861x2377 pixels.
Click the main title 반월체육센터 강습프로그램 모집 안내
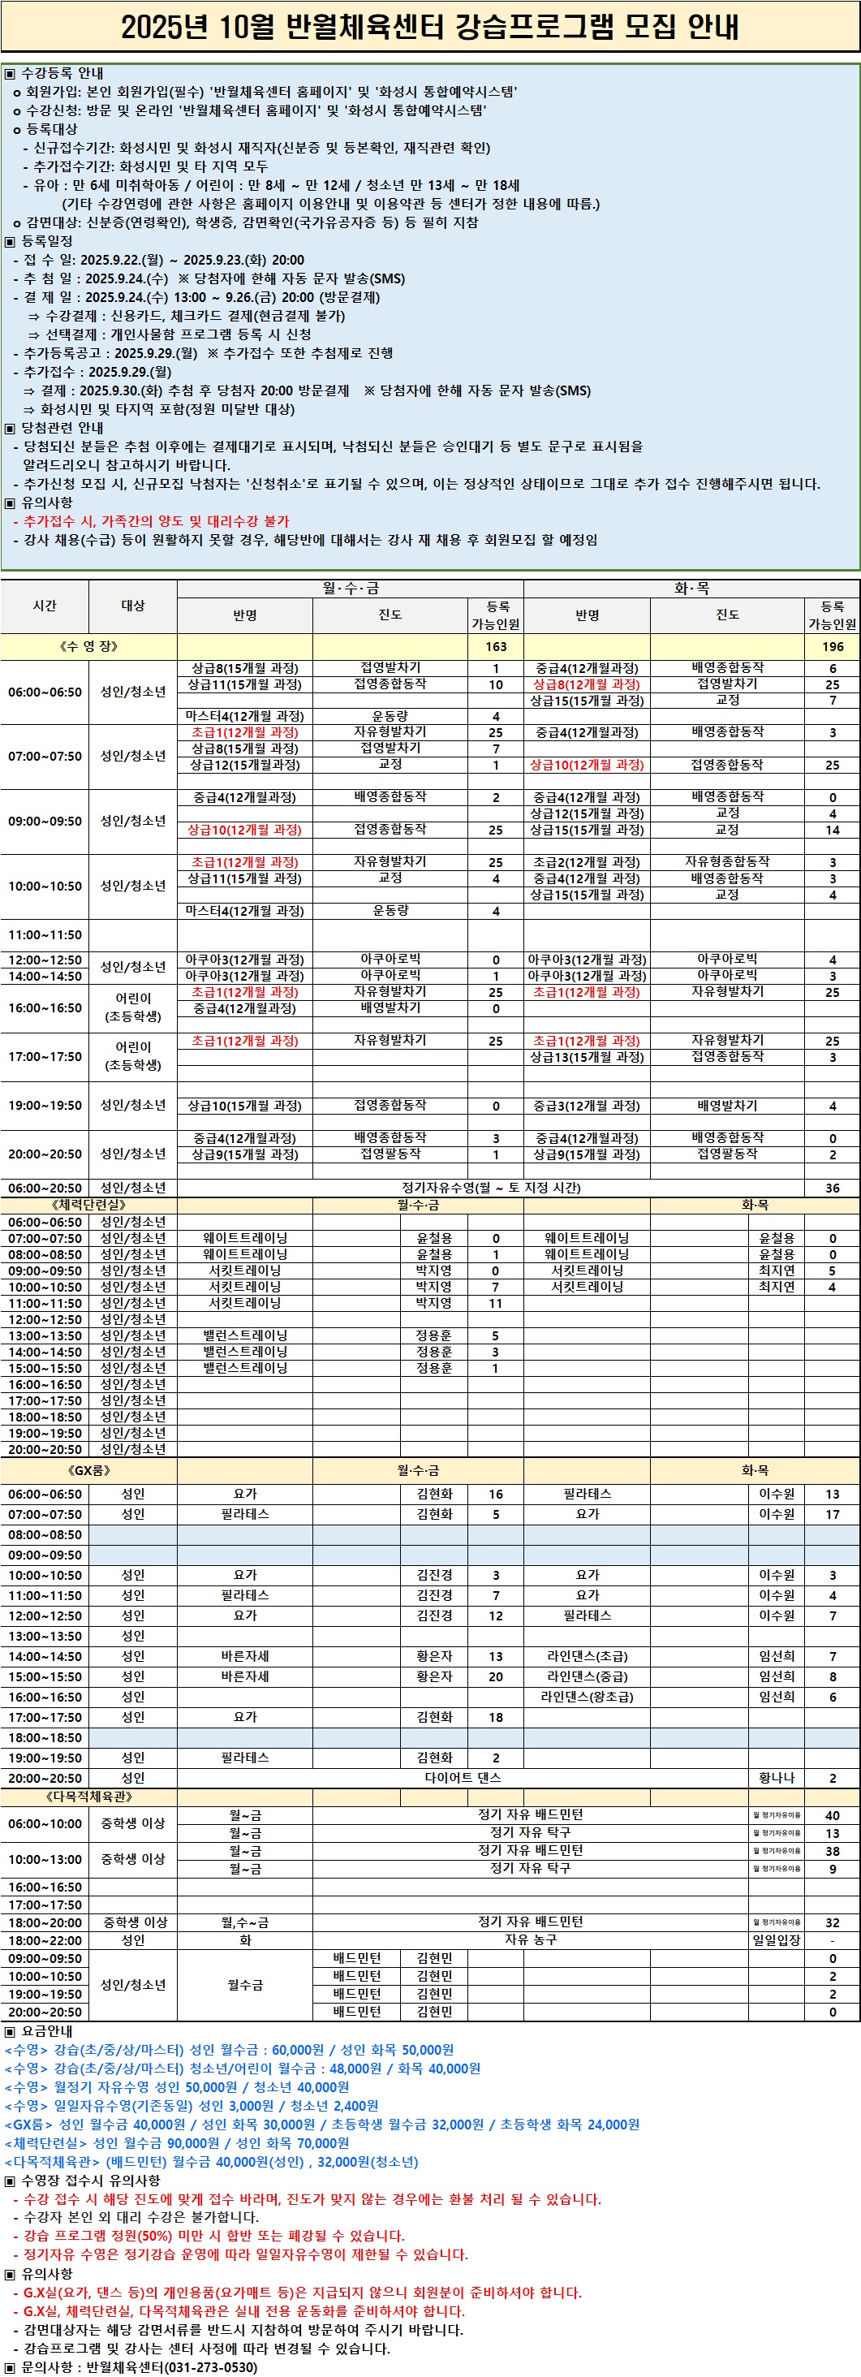(430, 27)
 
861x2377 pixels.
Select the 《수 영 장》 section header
(88, 646)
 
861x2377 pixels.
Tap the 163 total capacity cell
(496, 646)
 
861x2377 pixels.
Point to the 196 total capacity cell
(832, 646)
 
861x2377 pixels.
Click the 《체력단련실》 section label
(88, 1204)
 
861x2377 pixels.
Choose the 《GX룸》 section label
(88, 1470)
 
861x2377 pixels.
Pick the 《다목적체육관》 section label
(88, 1797)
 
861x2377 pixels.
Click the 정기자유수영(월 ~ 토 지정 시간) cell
(490, 1188)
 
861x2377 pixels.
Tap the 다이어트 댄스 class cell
(463, 1777)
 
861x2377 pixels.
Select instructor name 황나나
(776, 1778)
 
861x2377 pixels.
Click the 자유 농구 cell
(531, 1939)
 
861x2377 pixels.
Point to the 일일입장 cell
(776, 1939)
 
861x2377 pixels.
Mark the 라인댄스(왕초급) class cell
(587, 1696)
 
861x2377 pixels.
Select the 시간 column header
(45, 606)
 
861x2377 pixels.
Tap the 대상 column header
(133, 606)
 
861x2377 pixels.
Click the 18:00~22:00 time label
(45, 1939)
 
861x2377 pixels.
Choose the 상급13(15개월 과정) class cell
(587, 1056)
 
